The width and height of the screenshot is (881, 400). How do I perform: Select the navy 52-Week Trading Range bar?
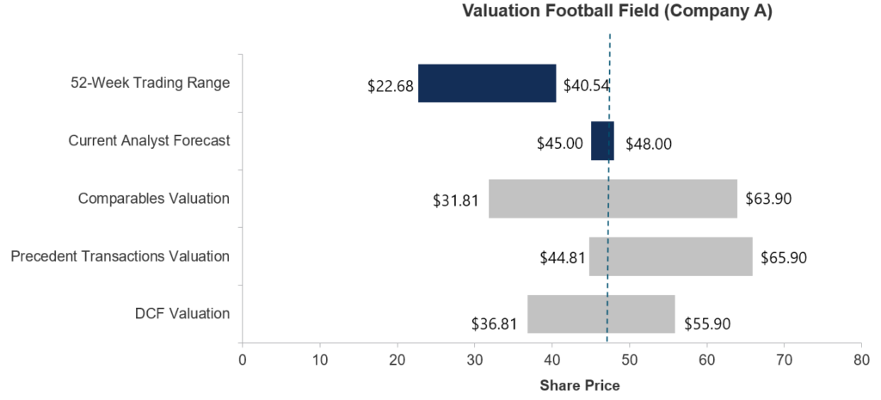[x=487, y=83]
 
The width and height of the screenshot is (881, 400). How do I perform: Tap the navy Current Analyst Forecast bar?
[x=601, y=141]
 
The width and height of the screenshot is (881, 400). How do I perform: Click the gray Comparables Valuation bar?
[x=613, y=199]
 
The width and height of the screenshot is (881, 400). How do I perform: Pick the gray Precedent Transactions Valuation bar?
[x=670, y=256]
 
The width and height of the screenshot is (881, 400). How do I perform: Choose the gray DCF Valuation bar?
[x=601, y=314]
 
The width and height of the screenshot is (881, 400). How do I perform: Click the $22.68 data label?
[x=390, y=86]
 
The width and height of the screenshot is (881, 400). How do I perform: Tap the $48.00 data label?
[x=649, y=144]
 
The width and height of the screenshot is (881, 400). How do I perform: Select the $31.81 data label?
[x=456, y=201]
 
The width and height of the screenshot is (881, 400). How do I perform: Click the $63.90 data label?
[x=768, y=199]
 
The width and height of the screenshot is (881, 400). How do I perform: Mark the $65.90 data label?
[x=784, y=256]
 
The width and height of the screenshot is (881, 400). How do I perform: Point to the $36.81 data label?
[x=495, y=324]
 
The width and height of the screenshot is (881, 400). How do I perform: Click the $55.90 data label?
[x=707, y=324]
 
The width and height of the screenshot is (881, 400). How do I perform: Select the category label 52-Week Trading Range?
[x=151, y=83]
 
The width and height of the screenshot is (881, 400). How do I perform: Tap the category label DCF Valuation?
[x=182, y=314]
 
